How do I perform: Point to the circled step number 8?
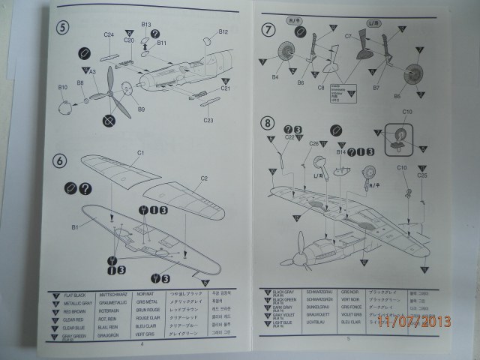(x=267, y=122)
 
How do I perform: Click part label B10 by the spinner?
(x=62, y=88)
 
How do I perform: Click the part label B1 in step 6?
(x=75, y=226)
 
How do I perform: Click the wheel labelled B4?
(x=275, y=76)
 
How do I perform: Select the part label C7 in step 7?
(x=348, y=36)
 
